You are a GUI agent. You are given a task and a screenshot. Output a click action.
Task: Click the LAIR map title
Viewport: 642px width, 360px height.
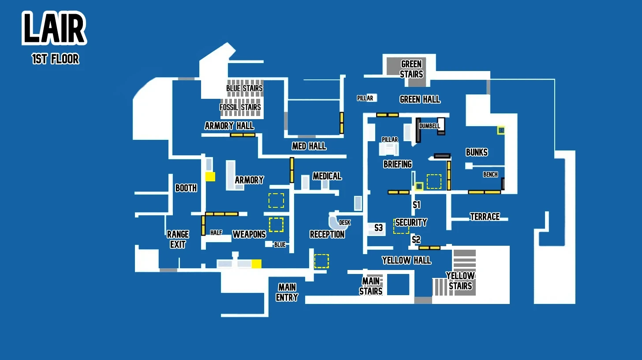point(54,28)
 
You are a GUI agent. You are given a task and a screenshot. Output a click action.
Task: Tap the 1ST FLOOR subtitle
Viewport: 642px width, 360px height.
point(56,59)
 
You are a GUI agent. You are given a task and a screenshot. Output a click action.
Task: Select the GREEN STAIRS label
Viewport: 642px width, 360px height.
point(411,69)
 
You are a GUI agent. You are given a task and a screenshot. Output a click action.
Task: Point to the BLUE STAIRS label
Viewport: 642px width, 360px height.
point(244,88)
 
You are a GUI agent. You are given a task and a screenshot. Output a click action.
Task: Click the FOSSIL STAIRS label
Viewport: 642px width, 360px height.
point(240,107)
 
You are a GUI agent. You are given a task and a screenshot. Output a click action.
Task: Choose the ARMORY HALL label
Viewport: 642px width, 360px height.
point(229,126)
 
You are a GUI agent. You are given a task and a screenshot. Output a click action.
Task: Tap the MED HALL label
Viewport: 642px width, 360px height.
point(309,146)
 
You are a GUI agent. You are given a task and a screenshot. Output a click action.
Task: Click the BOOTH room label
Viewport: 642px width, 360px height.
point(186,188)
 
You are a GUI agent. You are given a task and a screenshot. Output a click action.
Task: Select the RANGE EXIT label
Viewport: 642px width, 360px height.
point(178,239)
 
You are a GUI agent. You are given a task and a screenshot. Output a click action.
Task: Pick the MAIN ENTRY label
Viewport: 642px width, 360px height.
point(287,292)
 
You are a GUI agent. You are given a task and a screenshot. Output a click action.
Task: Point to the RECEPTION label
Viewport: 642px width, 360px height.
point(327,234)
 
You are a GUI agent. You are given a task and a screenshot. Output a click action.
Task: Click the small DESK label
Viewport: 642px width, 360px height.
point(345,223)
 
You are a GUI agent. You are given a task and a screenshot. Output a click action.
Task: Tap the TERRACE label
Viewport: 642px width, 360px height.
point(485,217)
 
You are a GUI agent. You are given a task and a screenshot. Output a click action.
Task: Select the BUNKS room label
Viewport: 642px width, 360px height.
point(477,152)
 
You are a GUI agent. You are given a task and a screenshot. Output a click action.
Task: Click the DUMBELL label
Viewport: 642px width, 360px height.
point(429,126)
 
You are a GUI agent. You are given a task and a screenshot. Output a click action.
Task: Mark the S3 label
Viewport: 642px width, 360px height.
point(378,228)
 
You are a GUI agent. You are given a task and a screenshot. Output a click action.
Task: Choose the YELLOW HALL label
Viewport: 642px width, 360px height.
point(407,261)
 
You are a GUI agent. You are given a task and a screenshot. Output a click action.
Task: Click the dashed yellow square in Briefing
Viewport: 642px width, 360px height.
point(434,181)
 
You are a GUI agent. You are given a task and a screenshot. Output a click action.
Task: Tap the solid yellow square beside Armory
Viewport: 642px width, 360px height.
point(210,176)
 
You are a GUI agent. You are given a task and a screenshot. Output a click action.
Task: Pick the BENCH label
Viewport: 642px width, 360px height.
point(490,175)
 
